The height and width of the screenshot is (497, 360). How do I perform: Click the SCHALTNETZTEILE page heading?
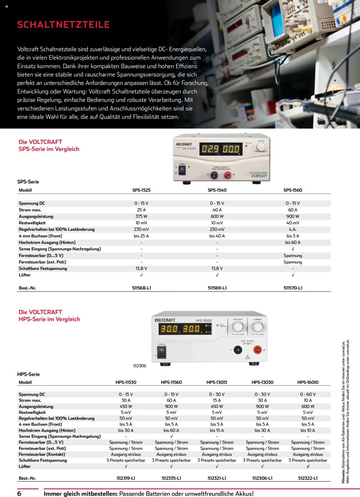point(63,25)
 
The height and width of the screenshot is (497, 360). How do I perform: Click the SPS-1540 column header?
point(217,190)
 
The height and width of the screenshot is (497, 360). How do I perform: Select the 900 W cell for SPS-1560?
point(293,216)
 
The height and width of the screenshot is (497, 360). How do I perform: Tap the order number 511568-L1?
point(141,288)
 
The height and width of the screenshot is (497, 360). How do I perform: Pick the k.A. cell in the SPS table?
point(293,229)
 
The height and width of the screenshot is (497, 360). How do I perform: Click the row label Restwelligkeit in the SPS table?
point(32,223)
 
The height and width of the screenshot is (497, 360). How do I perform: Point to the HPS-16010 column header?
point(308,382)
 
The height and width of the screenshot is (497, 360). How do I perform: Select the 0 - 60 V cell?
point(308,394)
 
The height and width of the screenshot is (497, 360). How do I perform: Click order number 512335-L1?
point(171,478)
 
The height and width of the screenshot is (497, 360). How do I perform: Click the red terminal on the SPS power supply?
point(228,175)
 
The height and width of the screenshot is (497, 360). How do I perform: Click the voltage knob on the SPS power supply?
point(261,147)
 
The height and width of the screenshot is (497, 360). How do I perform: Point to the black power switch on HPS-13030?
point(161,352)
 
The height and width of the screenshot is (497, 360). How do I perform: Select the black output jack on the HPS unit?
point(238,350)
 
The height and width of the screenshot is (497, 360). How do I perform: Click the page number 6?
point(19,494)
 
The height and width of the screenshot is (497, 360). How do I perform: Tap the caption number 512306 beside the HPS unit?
point(139,366)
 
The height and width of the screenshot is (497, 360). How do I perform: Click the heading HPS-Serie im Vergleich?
point(49,319)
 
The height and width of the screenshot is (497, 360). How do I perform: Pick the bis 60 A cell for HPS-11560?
point(171,430)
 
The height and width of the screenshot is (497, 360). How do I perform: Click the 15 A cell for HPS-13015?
point(217,400)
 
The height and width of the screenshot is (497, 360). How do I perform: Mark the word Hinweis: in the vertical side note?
point(343,476)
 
